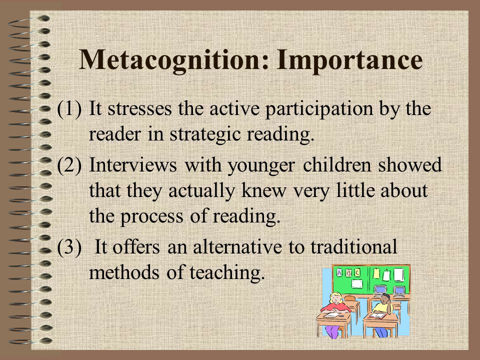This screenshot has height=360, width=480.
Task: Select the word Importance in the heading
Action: coord(349,60)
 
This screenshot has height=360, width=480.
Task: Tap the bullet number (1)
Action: coord(69,108)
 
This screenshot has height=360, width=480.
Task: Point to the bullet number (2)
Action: coord(69,165)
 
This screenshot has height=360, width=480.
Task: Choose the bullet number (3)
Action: coord(69,246)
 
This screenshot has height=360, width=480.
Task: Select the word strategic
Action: coord(205,135)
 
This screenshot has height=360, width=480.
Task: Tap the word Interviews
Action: coord(133,165)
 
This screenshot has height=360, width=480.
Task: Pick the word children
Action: coord(337,165)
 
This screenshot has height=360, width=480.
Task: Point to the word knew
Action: coord(264,190)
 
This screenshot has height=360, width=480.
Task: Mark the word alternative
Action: coord(237,246)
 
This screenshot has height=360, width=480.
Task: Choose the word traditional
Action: coord(354,246)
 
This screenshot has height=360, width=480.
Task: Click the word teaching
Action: coord(227,273)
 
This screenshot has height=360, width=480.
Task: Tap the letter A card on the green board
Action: coord(339,272)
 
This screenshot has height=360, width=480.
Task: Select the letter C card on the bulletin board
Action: coord(357,272)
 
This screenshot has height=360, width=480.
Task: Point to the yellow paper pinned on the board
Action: coord(376,273)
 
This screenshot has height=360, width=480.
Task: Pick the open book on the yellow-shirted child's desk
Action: coord(378,315)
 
